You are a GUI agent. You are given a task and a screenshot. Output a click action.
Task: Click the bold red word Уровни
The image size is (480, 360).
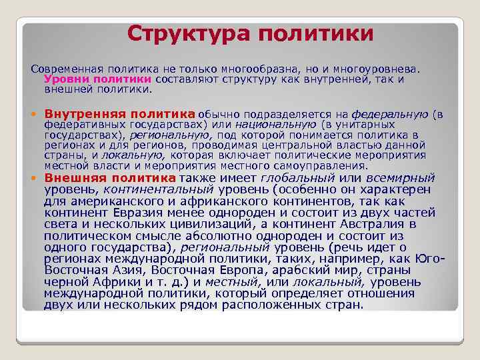63,79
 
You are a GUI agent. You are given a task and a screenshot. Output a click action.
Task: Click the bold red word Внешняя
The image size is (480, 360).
74,178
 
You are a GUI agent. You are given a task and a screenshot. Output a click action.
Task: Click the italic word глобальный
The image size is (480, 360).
298,179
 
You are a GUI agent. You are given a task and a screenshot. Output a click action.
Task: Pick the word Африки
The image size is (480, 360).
118,282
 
